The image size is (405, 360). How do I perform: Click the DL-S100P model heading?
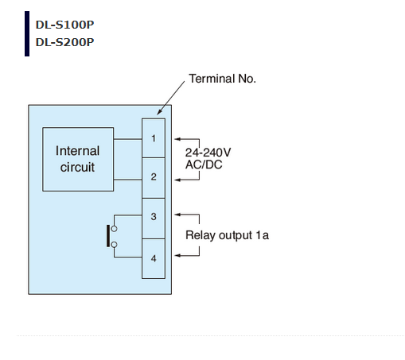(64, 25)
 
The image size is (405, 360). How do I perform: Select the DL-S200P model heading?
(64, 42)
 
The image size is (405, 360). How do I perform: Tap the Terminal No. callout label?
(222, 79)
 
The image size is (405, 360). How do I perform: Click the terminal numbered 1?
(154, 138)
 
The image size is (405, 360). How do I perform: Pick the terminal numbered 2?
(154, 178)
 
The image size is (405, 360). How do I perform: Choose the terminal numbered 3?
(154, 219)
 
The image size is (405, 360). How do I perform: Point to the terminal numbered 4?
(154, 259)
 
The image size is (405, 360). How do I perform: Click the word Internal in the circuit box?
(78, 151)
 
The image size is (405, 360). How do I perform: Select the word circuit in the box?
(77, 167)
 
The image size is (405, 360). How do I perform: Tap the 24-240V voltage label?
(208, 153)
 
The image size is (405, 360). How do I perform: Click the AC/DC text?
(204, 165)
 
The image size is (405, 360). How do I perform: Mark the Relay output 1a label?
(227, 235)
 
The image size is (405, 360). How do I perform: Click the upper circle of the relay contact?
(114, 229)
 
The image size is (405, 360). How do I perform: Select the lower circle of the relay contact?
(114, 245)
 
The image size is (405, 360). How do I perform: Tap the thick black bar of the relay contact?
(108, 236)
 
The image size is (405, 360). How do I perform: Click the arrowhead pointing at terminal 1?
(177, 139)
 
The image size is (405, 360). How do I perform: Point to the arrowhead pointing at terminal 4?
(177, 255)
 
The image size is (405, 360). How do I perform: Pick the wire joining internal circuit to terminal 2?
(128, 180)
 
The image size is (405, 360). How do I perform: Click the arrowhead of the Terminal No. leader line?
(159, 112)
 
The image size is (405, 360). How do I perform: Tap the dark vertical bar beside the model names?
(27, 33)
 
